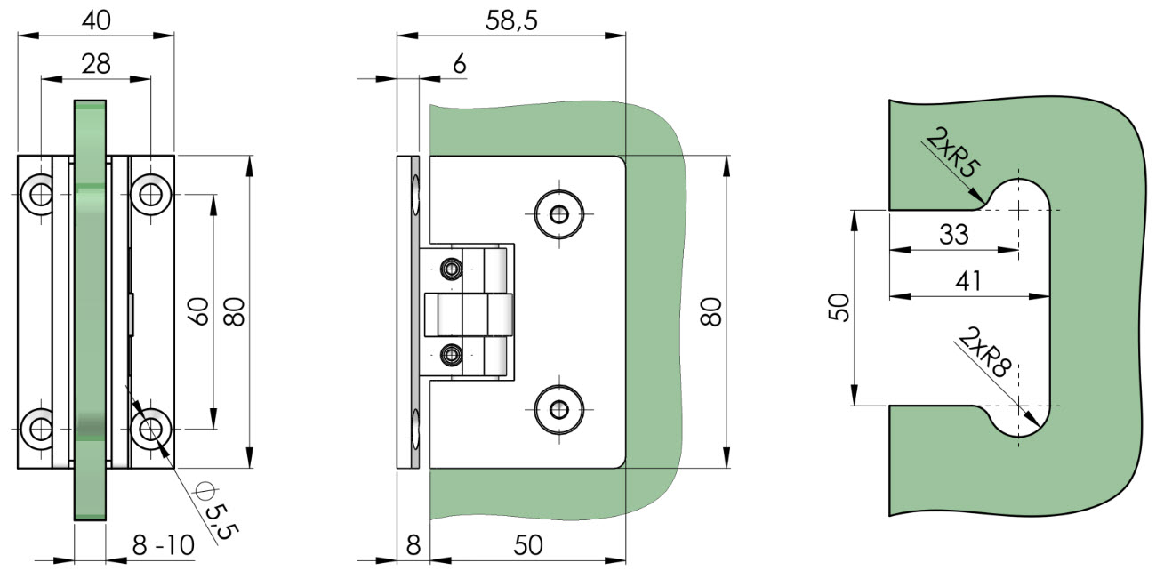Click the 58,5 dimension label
(511, 20)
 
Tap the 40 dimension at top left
(97, 20)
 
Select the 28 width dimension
(96, 65)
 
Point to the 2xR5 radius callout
(953, 153)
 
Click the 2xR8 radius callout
(985, 352)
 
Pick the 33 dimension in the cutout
(953, 235)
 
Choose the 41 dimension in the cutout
(968, 281)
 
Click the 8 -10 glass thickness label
(163, 544)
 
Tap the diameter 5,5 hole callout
(217, 511)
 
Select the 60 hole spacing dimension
(198, 311)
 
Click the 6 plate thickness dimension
(460, 65)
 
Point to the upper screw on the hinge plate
(559, 214)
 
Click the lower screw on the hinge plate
(559, 410)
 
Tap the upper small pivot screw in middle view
(452, 269)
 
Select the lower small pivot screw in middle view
(452, 355)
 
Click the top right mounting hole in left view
(150, 195)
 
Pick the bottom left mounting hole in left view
(39, 429)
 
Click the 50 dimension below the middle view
(528, 545)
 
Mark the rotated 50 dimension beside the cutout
(838, 308)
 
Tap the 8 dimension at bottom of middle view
(413, 545)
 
